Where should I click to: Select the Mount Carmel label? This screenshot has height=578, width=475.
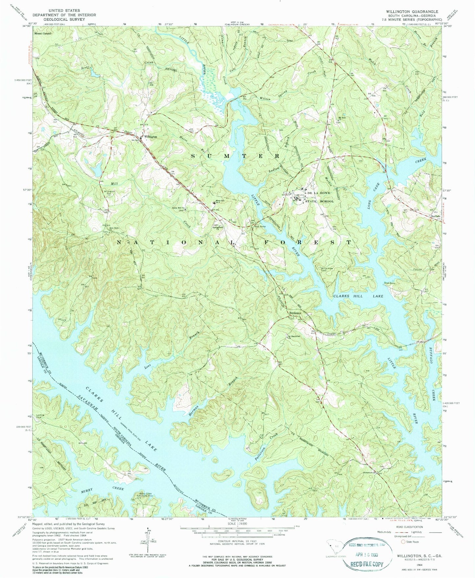coord(42,34)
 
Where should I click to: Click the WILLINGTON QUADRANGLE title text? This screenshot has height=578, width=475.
coord(407,11)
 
